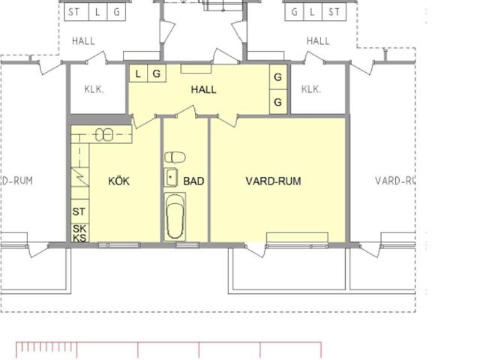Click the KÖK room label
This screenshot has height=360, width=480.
click(x=118, y=181)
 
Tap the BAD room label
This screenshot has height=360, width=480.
click(x=193, y=181)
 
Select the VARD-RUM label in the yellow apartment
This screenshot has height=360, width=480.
click(x=273, y=181)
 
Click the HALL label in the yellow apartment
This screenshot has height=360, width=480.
click(x=203, y=89)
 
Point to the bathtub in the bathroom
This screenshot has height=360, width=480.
click(x=175, y=217)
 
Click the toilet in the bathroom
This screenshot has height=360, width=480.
click(x=175, y=157)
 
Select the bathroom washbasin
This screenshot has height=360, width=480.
click(x=170, y=177)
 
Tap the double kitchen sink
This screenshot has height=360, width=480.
click(x=104, y=135)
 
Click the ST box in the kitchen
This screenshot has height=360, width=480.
click(x=80, y=211)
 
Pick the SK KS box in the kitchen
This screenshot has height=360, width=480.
click(x=80, y=233)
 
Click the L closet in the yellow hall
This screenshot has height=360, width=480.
click(x=138, y=73)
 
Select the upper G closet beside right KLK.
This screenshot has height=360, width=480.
click(x=278, y=76)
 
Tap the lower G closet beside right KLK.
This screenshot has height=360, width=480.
click(x=278, y=102)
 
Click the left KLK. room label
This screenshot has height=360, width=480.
click(x=94, y=89)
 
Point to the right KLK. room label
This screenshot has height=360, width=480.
click(x=311, y=89)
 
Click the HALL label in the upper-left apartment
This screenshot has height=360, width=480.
click(x=83, y=41)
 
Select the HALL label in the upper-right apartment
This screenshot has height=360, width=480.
click(x=318, y=41)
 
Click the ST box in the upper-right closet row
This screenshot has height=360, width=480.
click(x=334, y=12)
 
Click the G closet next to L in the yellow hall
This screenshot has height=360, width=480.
click(x=157, y=73)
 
